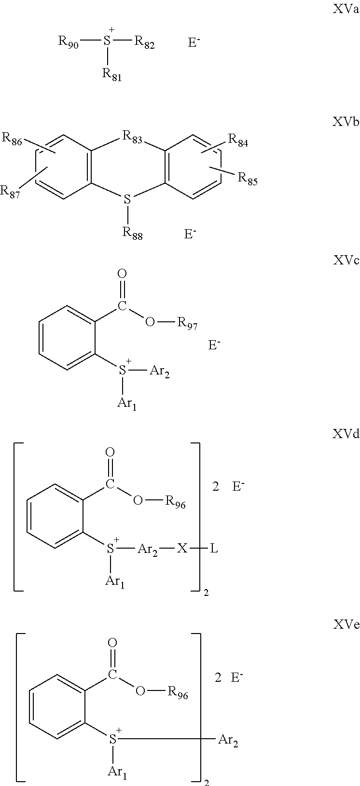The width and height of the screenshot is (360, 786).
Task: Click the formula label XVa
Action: (346, 10)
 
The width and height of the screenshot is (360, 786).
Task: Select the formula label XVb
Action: (346, 122)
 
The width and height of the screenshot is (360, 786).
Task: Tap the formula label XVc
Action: (346, 261)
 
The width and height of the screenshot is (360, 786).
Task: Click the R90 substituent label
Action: (69, 42)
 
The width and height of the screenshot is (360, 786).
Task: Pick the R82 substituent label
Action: (144, 42)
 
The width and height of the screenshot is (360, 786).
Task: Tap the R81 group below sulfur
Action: (111, 74)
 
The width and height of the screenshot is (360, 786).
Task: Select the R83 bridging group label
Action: (132, 138)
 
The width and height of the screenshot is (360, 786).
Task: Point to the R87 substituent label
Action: (10, 192)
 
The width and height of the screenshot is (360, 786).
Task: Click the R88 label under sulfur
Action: (132, 234)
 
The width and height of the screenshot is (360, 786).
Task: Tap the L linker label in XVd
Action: (214, 549)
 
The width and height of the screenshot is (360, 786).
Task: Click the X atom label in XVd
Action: (181, 549)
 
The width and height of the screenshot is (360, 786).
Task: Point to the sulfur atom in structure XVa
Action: (108, 41)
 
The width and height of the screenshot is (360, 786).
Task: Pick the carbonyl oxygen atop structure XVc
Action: (122, 274)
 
